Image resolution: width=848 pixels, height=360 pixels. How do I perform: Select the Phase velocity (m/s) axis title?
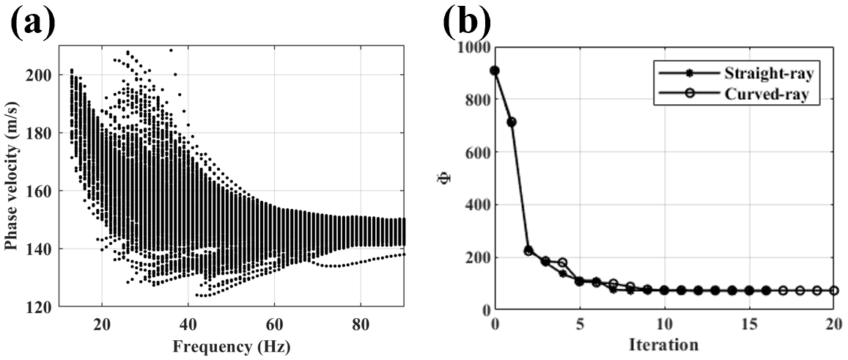[12, 176]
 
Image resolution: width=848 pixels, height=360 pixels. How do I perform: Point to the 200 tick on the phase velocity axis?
[40, 75]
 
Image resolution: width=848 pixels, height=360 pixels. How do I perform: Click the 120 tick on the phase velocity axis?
[40, 306]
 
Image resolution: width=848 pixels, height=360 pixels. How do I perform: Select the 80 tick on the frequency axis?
[361, 323]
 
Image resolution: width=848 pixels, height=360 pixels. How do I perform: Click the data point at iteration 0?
[495, 70]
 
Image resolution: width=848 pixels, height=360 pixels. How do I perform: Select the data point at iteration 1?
[512, 122]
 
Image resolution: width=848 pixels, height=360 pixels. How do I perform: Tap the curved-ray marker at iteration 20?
[834, 290]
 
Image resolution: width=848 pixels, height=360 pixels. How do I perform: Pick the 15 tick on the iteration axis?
[749, 323]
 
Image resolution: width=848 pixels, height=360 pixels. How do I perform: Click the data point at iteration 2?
[528, 251]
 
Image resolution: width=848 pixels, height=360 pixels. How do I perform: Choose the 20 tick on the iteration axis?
[833, 323]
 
